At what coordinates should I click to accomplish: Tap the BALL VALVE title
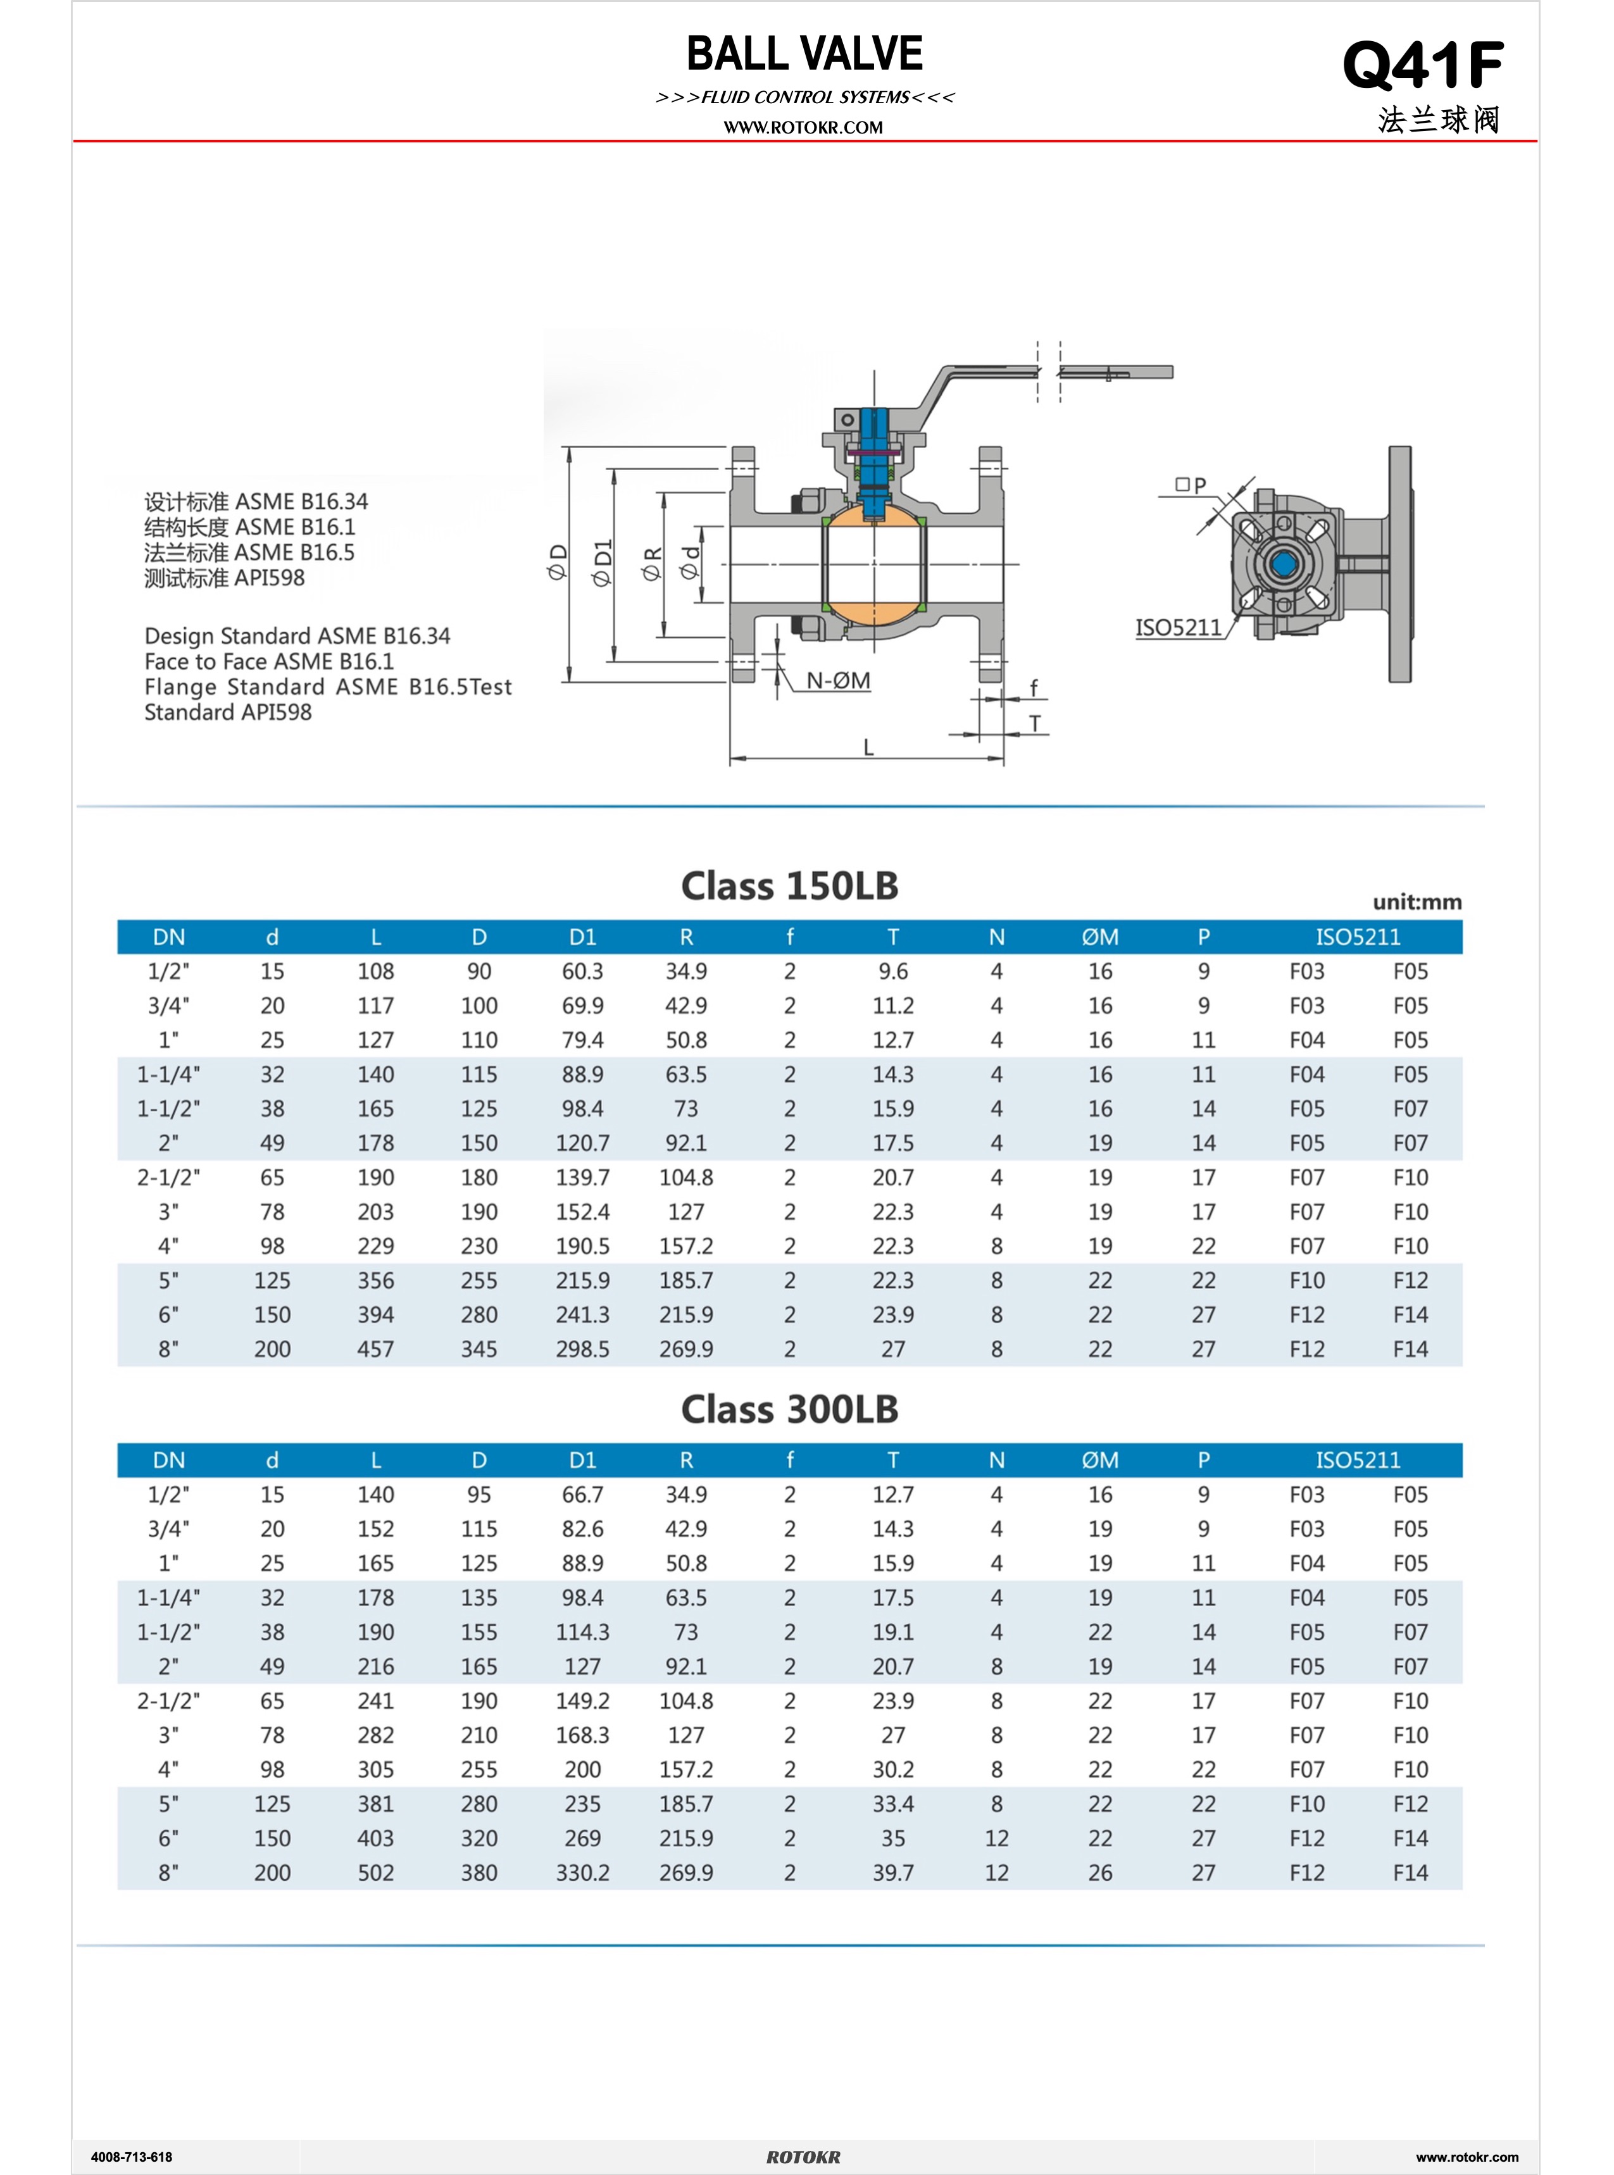pyautogui.click(x=804, y=54)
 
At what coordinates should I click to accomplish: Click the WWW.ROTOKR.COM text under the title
pyautogui.click(x=803, y=128)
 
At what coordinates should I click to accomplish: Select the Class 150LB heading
pyautogui.click(x=789, y=886)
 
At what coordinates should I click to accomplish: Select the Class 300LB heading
pyautogui.click(x=789, y=1409)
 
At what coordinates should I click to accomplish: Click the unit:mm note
pyautogui.click(x=1417, y=902)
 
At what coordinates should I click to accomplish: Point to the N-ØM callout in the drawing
pyautogui.click(x=838, y=681)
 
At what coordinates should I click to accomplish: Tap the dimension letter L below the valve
pyautogui.click(x=868, y=748)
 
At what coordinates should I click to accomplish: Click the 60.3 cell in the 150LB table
pyautogui.click(x=582, y=972)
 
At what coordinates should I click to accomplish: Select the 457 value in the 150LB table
pyautogui.click(x=375, y=1349)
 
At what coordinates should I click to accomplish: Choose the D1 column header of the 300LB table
pyautogui.click(x=582, y=1460)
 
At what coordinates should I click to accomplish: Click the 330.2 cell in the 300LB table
pyautogui.click(x=582, y=1873)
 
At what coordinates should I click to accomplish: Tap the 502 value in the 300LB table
pyautogui.click(x=375, y=1873)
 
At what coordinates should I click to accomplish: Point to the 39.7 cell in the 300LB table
pyautogui.click(x=893, y=1873)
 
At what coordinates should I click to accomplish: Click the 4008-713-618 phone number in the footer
pyautogui.click(x=131, y=2157)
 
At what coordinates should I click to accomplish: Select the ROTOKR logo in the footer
pyautogui.click(x=803, y=2157)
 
